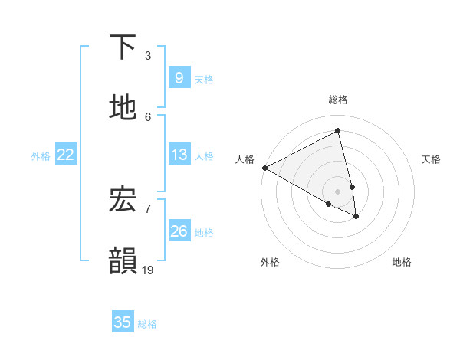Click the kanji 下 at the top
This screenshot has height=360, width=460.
pos(123,47)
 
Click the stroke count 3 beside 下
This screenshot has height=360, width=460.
pos(148,56)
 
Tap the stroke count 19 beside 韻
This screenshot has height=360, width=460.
pos(148,270)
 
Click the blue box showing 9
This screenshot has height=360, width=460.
pos(179,77)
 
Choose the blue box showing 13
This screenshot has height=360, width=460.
pos(179,155)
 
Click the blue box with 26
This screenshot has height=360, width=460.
pos(179,231)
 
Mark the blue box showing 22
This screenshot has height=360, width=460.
pos(66,155)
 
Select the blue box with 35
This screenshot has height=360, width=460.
pos(123,322)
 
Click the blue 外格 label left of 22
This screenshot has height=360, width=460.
pos(41,156)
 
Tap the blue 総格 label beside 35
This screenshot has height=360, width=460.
pos(147,324)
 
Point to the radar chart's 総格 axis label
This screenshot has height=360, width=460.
pos(338,100)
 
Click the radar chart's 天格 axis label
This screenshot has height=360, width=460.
pos(432,159)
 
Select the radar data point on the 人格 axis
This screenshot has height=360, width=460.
pos(264,168)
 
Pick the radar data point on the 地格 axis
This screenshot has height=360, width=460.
pos(356,217)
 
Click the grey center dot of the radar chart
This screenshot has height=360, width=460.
pos(338,191)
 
